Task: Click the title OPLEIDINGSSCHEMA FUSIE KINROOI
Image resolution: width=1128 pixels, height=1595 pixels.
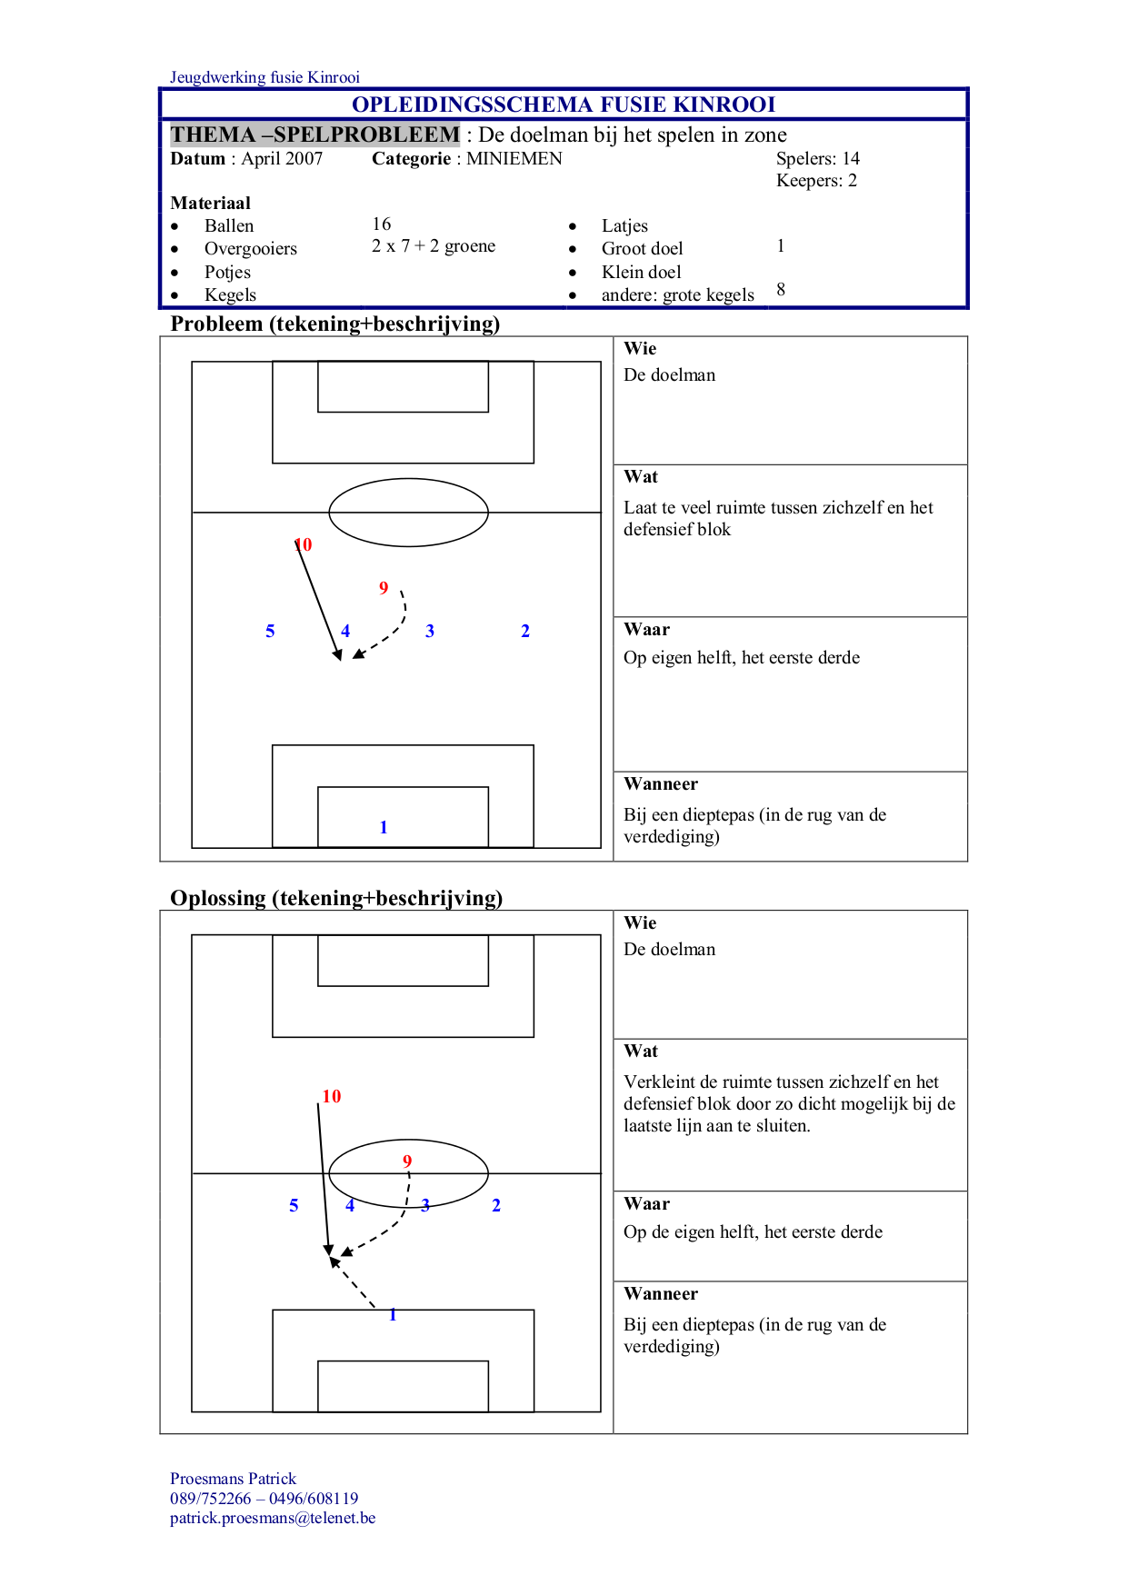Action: pos(564,105)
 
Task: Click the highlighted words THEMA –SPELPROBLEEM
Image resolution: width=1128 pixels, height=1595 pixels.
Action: pos(314,135)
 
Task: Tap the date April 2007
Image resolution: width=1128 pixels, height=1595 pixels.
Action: pos(282,159)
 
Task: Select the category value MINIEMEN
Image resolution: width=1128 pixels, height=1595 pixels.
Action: pos(514,159)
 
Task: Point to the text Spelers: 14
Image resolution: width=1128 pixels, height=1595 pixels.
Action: pos(817,159)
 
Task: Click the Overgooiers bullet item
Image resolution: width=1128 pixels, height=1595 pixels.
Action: pos(250,249)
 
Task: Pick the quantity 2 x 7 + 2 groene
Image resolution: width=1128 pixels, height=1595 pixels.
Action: pos(434,246)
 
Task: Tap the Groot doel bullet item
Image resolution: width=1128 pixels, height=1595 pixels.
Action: pos(642,249)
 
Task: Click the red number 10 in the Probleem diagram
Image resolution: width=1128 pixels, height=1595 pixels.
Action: pos(304,544)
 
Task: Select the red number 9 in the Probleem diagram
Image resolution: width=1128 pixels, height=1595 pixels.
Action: pos(384,588)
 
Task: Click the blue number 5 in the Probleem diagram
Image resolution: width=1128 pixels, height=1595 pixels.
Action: pos(270,632)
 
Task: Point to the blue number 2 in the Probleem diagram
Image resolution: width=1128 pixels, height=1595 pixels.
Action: pos(525,632)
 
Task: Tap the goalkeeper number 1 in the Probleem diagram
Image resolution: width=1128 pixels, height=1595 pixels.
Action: pos(384,827)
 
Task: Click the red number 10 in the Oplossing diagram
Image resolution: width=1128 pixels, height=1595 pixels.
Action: pos(332,1097)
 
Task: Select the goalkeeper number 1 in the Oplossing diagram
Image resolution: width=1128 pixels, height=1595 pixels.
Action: pos(393,1315)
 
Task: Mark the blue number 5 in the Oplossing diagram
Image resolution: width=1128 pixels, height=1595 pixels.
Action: pos(294,1206)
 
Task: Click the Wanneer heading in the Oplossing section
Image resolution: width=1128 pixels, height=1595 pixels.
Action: pos(661,1294)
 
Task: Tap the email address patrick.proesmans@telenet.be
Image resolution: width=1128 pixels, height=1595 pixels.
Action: pos(273,1519)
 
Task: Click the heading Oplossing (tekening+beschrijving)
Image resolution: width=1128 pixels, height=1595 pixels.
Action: pos(336,898)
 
